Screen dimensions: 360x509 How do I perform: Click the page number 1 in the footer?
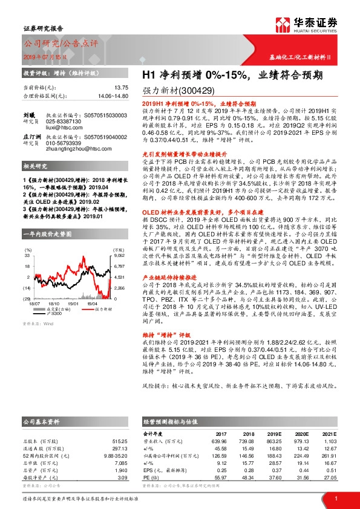335,497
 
